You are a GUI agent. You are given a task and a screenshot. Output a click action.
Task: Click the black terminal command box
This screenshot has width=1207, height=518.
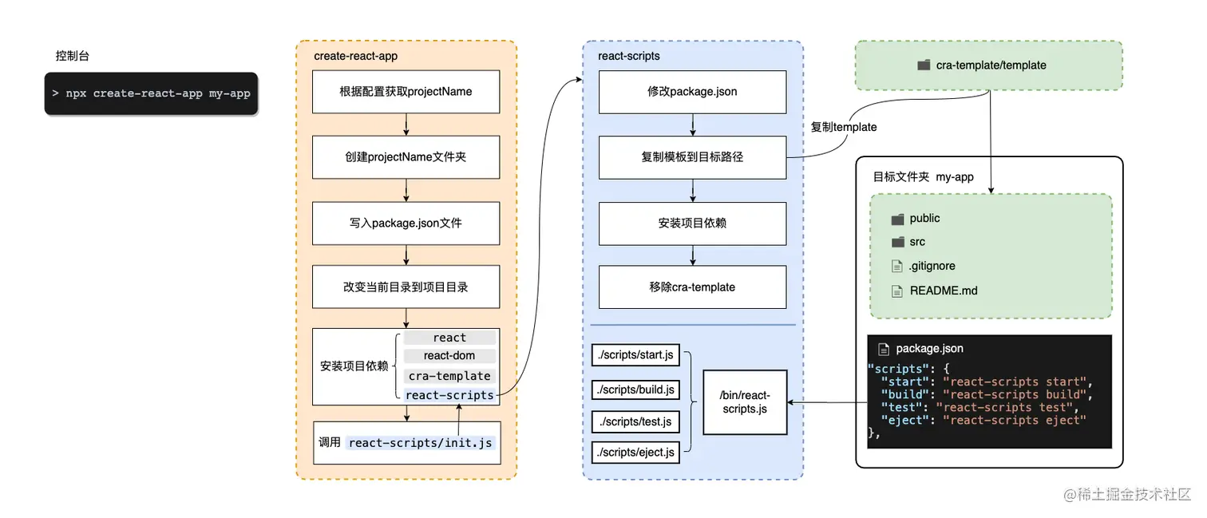tap(152, 93)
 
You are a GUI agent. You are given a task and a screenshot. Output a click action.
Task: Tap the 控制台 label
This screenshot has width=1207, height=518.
tap(72, 56)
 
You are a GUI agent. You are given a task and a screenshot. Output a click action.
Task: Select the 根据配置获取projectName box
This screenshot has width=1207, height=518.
tap(406, 92)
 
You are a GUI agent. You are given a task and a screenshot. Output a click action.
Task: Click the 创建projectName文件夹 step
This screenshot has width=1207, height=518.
tap(406, 157)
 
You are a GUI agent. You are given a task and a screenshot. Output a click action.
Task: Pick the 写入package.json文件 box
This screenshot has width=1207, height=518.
tap(406, 223)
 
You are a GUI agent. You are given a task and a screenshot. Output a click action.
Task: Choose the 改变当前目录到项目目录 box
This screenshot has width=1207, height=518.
tap(406, 287)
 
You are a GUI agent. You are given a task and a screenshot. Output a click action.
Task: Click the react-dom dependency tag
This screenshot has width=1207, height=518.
tap(449, 356)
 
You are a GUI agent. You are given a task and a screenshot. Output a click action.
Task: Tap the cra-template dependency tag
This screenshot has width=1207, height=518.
tap(449, 376)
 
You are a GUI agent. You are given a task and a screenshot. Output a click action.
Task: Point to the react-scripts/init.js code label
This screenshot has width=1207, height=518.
tap(420, 443)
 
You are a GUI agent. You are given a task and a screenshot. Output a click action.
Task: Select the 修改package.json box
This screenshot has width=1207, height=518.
tap(692, 92)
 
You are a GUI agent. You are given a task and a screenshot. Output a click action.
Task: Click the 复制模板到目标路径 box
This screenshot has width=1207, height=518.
tap(692, 157)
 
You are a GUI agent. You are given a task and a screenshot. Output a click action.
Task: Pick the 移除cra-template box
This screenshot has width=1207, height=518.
tap(692, 287)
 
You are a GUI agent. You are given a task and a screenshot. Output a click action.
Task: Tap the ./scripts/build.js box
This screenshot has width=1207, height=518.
tap(635, 389)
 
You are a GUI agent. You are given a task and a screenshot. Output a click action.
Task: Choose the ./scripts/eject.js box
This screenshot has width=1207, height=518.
tap(635, 453)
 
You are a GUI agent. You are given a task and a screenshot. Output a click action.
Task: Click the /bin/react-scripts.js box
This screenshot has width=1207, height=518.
tap(746, 402)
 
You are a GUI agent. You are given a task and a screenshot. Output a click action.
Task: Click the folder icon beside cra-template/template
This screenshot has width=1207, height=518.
tap(924, 65)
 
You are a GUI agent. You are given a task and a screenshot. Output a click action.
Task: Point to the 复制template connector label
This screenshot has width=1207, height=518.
tap(844, 127)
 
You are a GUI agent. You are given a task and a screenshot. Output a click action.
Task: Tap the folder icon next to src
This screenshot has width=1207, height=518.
tap(898, 242)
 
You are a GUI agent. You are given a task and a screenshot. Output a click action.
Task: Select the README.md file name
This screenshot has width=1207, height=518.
tap(944, 291)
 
